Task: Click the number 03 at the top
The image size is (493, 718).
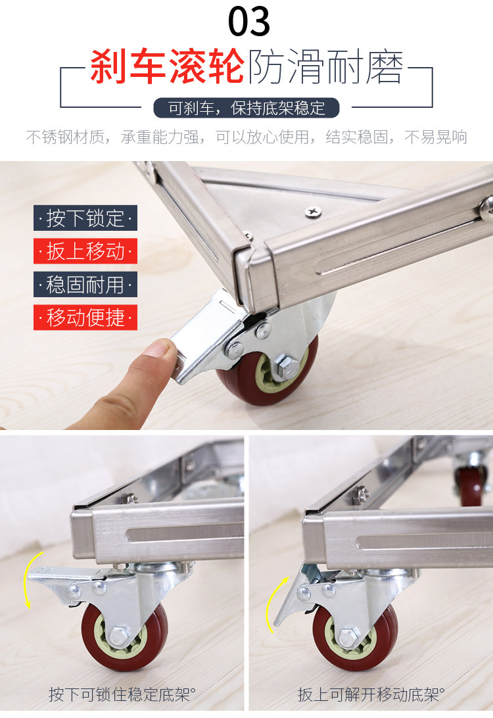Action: pyautogui.click(x=249, y=22)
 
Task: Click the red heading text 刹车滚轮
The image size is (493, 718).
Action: pyautogui.click(x=167, y=67)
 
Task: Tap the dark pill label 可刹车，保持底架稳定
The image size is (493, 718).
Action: pyautogui.click(x=246, y=108)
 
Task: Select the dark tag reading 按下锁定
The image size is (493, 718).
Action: pyautogui.click(x=85, y=218)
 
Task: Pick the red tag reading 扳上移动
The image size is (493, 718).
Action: pyautogui.click(x=85, y=251)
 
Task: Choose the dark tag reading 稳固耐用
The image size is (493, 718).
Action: pyautogui.click(x=85, y=284)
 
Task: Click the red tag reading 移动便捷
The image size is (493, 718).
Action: pyautogui.click(x=85, y=318)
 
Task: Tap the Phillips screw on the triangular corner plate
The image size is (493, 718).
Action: pyautogui.click(x=313, y=212)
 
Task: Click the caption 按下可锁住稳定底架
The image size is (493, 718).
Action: pyautogui.click(x=122, y=694)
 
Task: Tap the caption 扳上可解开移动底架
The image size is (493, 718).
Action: pyautogui.click(x=371, y=694)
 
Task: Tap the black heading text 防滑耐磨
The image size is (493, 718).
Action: pyautogui.click(x=325, y=67)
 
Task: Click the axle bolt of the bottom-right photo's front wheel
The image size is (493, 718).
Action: pyautogui.click(x=349, y=638)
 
